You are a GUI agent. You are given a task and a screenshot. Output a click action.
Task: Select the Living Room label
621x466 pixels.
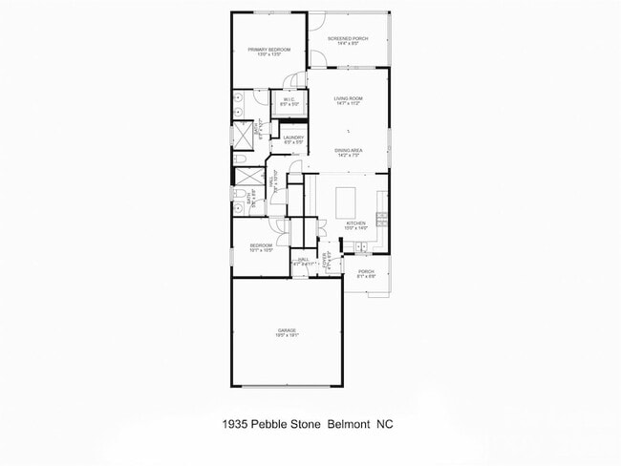pos(348,98)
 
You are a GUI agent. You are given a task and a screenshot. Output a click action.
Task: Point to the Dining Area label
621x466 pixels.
pos(348,150)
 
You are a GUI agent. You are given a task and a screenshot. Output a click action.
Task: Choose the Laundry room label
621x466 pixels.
pos(293,138)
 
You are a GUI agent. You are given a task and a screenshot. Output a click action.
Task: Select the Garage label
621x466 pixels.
pos(287,330)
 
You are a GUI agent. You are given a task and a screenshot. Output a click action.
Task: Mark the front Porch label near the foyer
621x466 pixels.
pos(366,271)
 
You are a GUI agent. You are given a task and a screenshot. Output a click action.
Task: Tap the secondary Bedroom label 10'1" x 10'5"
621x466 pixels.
pos(261,245)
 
